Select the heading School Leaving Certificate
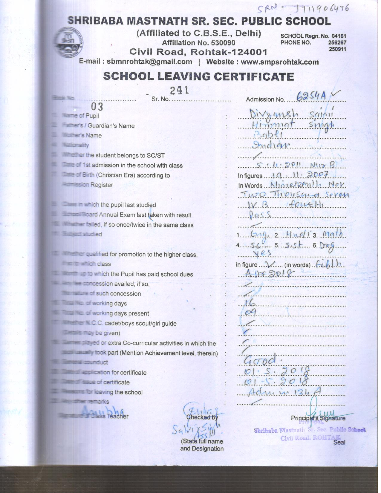click(198, 76)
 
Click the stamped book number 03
click(97, 107)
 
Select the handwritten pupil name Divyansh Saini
click(291, 113)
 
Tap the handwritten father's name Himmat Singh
click(292, 124)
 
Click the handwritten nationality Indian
click(271, 145)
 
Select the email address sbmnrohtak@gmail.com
click(149, 62)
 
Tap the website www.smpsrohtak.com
click(280, 62)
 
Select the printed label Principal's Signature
click(318, 418)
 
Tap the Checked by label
click(202, 417)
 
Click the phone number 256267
click(337, 42)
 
